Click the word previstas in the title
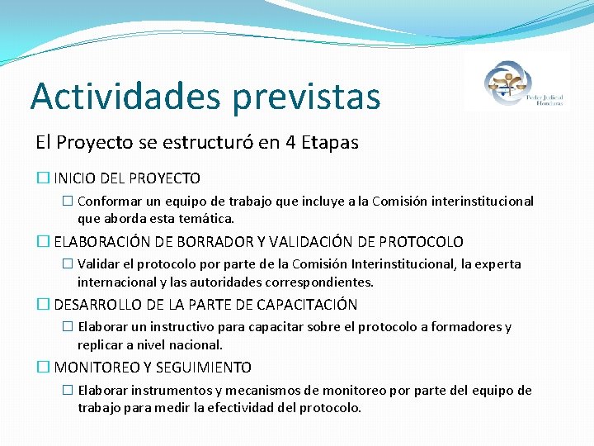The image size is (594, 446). tap(307, 96)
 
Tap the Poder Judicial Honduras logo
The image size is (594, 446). tap(516, 82)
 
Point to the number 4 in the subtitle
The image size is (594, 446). tap(291, 142)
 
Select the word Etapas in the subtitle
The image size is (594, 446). tap(331, 142)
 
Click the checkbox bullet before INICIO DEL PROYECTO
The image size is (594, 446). tap(43, 178)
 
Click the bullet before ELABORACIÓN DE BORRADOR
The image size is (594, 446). tap(43, 242)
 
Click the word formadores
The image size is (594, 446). tap(464, 327)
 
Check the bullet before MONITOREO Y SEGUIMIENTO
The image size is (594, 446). tap(43, 368)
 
